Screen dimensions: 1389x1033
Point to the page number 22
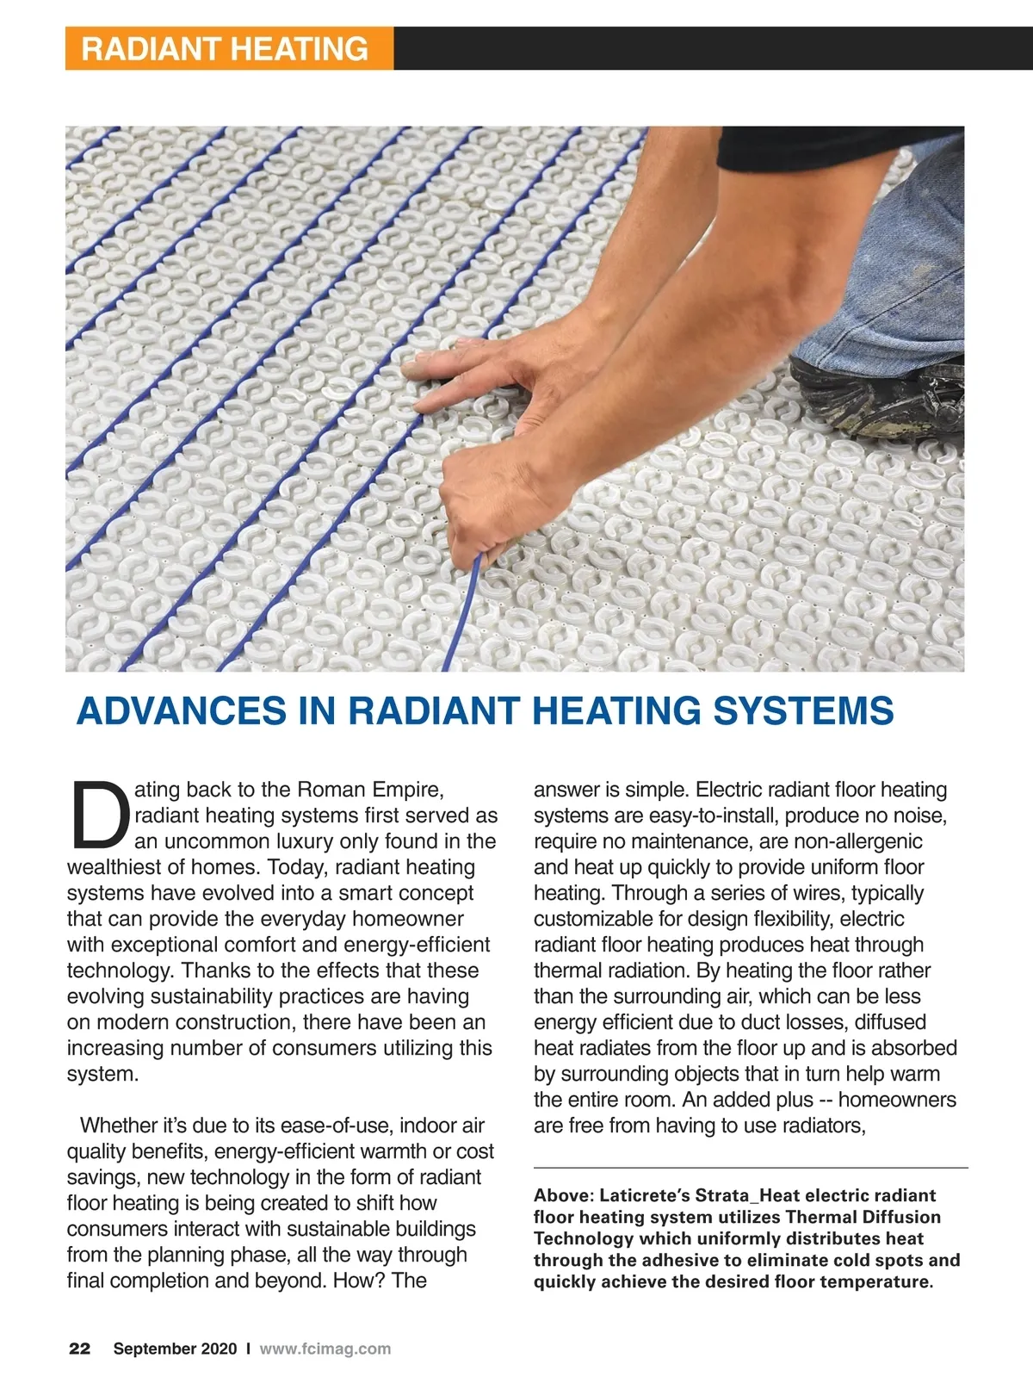[79, 1349]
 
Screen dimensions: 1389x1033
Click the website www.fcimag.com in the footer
[325, 1349]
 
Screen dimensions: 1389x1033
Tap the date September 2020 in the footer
[175, 1349]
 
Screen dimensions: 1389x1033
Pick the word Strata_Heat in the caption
[747, 1195]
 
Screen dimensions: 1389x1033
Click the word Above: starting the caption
[563, 1195]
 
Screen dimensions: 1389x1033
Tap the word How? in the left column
[357, 1280]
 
